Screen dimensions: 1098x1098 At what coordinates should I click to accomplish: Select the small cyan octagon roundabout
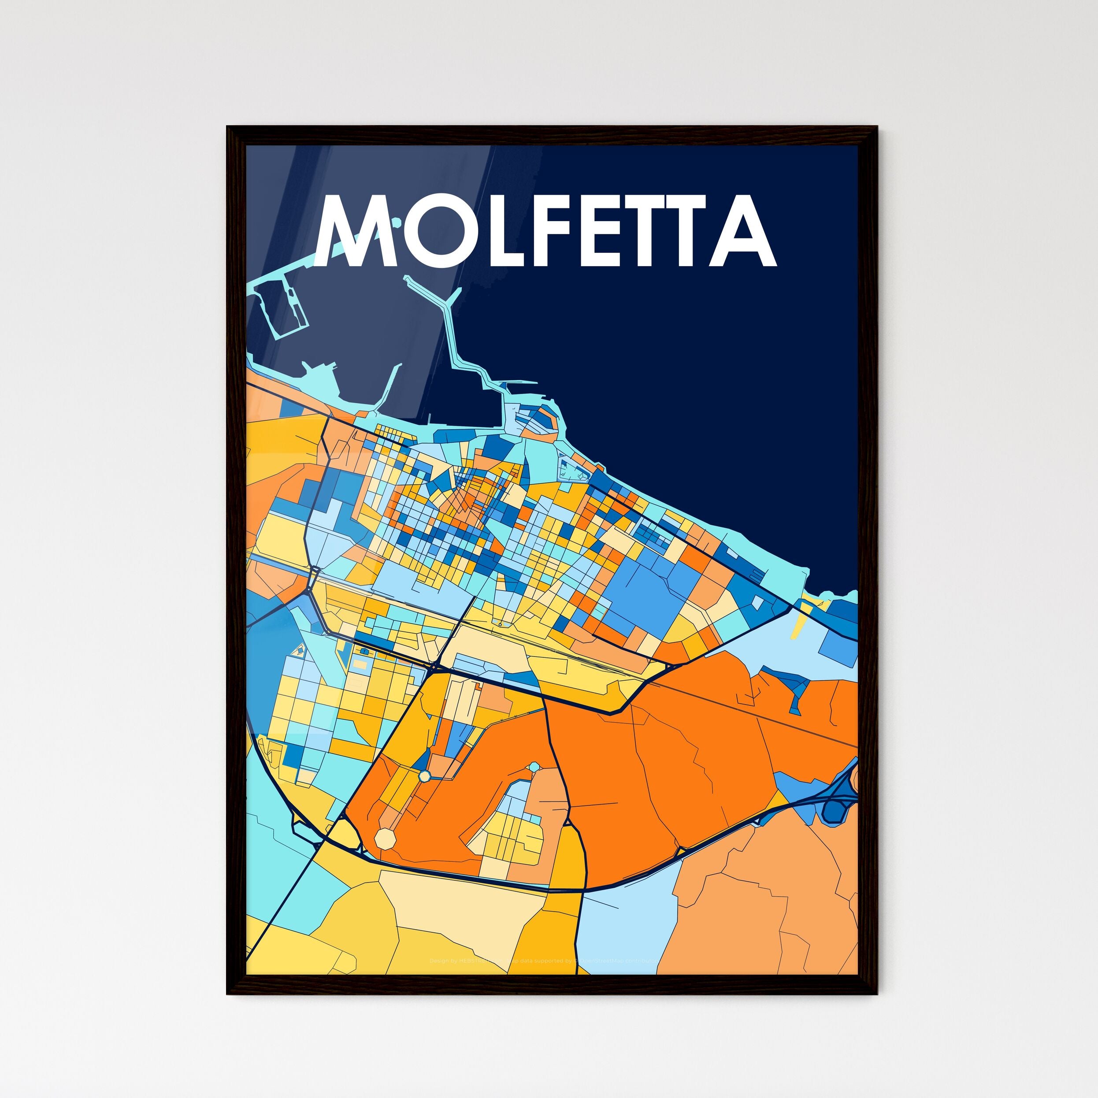click(534, 767)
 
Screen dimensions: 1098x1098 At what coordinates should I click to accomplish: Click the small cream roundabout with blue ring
click(424, 776)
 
